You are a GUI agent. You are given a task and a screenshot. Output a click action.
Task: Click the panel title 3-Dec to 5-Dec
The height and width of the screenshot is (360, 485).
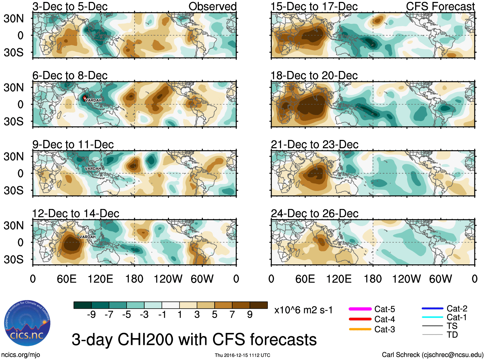pos(70,6)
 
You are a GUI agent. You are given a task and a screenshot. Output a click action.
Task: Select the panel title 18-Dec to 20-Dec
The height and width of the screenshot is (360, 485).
pos(314,75)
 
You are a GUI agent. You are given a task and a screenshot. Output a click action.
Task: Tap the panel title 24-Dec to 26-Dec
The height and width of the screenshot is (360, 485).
pos(314,214)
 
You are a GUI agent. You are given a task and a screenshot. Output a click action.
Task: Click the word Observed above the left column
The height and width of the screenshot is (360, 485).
pos(212,6)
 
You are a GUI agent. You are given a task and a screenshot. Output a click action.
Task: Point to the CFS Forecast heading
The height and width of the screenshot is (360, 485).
pos(440,6)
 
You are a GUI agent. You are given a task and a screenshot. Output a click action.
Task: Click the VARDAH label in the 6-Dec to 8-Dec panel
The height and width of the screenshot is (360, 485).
pos(93,100)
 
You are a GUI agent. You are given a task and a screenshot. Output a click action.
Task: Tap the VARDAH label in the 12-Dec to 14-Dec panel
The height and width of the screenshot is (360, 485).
pos(87,237)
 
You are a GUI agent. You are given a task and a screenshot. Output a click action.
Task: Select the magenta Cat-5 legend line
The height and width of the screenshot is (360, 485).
pos(360,309)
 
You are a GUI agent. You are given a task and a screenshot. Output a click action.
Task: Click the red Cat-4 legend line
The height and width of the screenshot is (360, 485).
pos(360,319)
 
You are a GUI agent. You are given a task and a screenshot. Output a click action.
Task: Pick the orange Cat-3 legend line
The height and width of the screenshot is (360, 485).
pos(360,329)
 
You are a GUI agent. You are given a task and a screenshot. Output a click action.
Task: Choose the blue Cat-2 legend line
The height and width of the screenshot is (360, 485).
pos(432,309)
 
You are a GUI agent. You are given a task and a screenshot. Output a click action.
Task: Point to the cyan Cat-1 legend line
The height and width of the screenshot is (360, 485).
pos(432,317)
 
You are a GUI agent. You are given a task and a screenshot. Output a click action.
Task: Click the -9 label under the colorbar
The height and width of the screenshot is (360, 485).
pos(91,315)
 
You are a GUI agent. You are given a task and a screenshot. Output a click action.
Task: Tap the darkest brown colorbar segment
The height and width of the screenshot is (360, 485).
pos(259,305)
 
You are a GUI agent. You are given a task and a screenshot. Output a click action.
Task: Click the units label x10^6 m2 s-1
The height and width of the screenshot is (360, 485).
pos(303,310)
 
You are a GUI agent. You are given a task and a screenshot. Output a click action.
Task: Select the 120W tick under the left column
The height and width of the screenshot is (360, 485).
pos(168,279)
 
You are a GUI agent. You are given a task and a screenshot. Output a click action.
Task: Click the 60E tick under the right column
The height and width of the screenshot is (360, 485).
pos(305,279)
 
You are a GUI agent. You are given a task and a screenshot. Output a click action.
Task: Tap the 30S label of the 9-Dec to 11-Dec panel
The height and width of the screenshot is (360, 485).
pos(13,190)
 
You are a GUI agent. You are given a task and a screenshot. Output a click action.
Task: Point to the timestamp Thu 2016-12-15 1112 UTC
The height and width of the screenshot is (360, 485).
pos(242,355)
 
